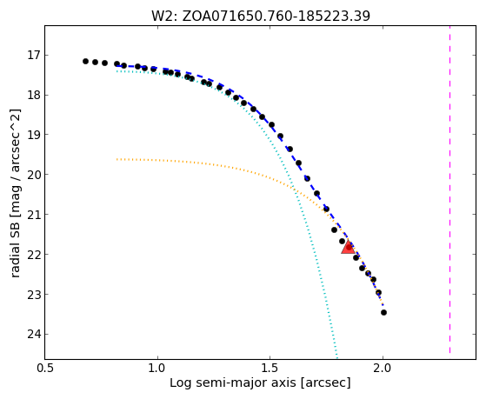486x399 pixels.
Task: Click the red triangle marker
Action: (x=348, y=247)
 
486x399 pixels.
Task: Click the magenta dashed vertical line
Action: (x=449, y=190)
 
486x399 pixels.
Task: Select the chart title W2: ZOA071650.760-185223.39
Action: (x=261, y=16)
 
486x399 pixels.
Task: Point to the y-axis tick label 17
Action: (x=34, y=56)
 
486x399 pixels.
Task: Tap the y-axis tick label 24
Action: (x=34, y=334)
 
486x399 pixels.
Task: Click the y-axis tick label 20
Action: (x=34, y=175)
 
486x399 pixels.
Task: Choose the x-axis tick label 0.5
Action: (x=45, y=369)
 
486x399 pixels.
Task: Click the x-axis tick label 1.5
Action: (x=270, y=369)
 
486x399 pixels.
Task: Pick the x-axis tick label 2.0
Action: (x=383, y=369)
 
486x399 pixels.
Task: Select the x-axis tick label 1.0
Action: (x=157, y=369)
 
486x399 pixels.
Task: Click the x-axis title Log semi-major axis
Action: (x=233, y=383)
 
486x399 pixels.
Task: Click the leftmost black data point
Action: (x=85, y=61)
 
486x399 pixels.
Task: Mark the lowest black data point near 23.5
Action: (x=383, y=312)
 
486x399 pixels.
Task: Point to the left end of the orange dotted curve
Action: (x=117, y=159)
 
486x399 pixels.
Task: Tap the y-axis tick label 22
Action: (x=34, y=255)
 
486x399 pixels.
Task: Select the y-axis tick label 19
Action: (x=34, y=135)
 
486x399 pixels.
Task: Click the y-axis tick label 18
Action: (x=34, y=95)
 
